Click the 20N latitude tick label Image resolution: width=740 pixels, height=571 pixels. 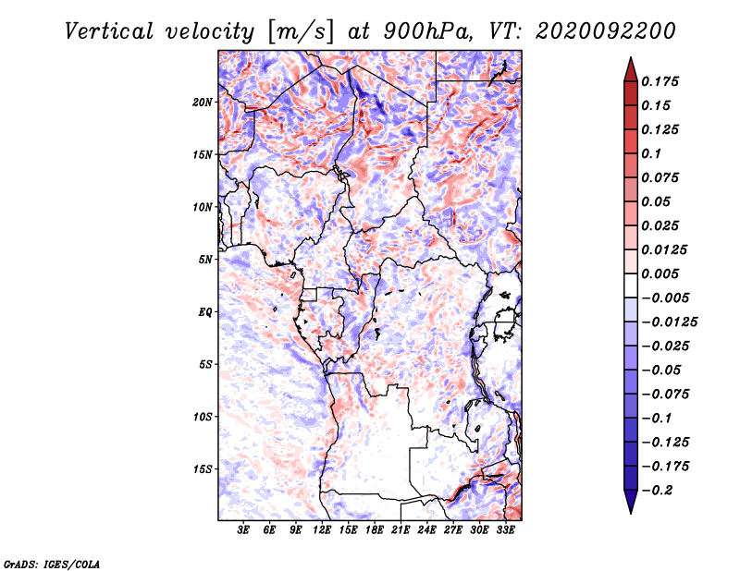203,103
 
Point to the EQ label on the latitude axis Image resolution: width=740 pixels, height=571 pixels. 204,312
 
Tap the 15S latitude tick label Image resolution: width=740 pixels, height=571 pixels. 203,469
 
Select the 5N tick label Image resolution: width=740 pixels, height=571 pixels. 205,260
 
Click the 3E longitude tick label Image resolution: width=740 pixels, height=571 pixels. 243,529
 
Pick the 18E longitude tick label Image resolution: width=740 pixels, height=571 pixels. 374,529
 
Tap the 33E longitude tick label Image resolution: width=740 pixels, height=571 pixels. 505,529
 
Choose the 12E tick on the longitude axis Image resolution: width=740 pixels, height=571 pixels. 321,529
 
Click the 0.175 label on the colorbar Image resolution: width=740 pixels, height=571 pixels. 660,81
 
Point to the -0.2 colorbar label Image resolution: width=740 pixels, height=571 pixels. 658,491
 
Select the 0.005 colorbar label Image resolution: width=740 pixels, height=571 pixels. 660,273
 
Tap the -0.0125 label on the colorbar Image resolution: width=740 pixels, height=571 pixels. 670,322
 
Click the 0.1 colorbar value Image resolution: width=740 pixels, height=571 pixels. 651,153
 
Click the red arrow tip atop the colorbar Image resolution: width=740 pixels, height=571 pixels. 631,57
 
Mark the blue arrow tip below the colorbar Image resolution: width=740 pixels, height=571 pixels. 631,513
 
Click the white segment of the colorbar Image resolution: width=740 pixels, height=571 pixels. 631,285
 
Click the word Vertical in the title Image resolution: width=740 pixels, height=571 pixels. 109,31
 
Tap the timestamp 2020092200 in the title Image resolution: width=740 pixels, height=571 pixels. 606,31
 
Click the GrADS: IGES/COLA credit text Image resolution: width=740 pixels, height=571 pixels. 52,564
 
